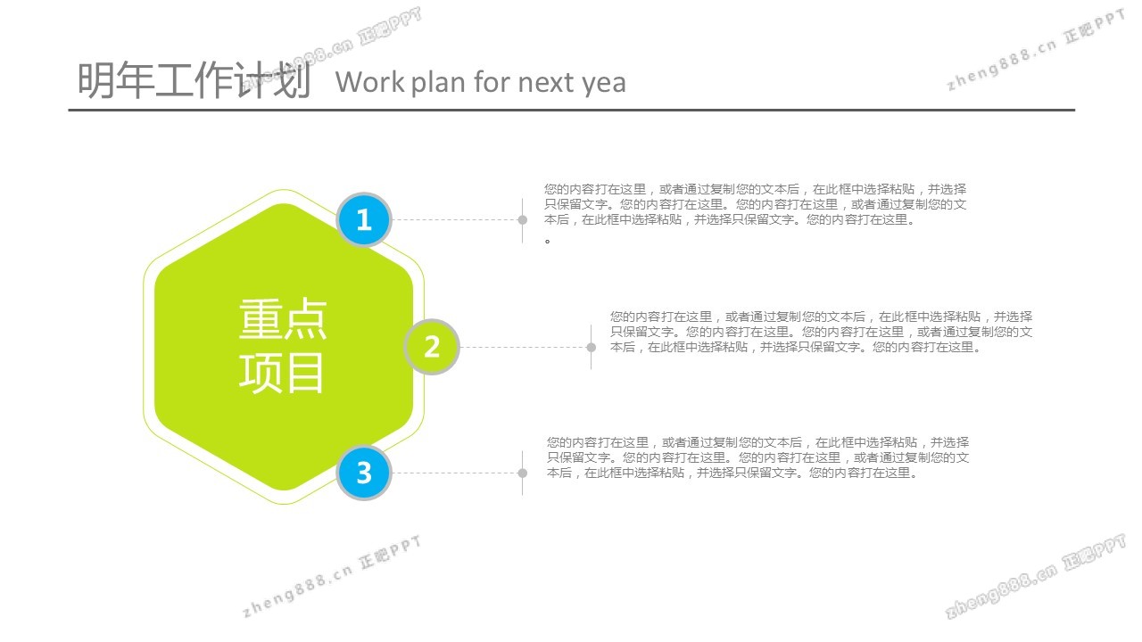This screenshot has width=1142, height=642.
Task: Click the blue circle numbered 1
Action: coord(364,219)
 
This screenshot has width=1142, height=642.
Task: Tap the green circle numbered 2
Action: coord(432,347)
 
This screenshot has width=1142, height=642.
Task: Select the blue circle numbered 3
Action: coord(364,473)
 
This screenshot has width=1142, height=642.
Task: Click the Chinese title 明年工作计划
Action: coord(194,80)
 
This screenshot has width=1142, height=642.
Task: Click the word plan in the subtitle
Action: coord(439,83)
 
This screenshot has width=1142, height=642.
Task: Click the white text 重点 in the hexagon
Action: coord(283,319)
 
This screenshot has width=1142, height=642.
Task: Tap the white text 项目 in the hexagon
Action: coord(281,373)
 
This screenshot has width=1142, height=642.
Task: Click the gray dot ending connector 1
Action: coord(523,219)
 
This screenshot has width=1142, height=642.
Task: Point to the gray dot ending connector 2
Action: coord(592,348)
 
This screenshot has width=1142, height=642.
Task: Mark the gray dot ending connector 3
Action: coord(523,473)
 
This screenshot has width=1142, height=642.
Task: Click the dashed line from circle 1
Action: coord(455,219)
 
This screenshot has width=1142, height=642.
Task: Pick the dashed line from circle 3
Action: coord(455,473)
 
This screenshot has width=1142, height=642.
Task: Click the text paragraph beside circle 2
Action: coord(822,332)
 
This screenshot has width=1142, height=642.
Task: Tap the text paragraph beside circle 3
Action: coord(757,457)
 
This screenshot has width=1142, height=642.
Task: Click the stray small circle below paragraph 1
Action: coord(548,241)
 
